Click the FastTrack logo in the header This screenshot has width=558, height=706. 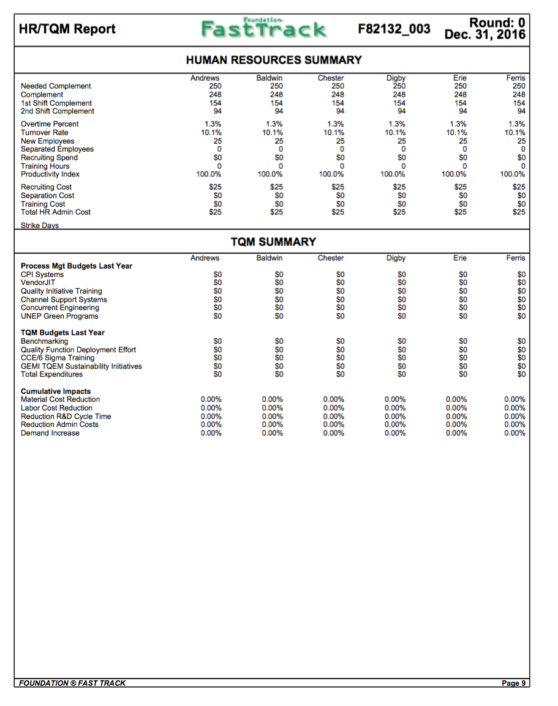(x=264, y=29)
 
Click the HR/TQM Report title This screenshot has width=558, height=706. (x=67, y=29)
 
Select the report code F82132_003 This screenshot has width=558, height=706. (x=394, y=29)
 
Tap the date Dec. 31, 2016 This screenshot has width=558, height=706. (x=485, y=35)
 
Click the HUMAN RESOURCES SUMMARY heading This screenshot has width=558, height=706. (x=273, y=60)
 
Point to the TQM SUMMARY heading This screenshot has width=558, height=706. (x=273, y=242)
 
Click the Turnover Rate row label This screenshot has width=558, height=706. (x=45, y=133)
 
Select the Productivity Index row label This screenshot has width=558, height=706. (x=50, y=174)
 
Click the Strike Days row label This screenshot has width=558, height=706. (x=40, y=225)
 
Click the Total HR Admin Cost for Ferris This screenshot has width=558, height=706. (x=518, y=212)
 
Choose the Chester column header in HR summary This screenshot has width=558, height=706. (x=331, y=78)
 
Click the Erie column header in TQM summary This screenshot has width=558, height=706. (x=459, y=258)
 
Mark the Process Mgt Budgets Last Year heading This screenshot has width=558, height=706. (x=77, y=266)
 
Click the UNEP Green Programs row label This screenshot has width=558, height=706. (x=59, y=316)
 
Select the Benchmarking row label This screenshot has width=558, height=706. (x=45, y=341)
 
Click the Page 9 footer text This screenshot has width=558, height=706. (x=513, y=683)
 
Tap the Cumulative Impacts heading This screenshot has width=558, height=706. (x=56, y=392)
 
